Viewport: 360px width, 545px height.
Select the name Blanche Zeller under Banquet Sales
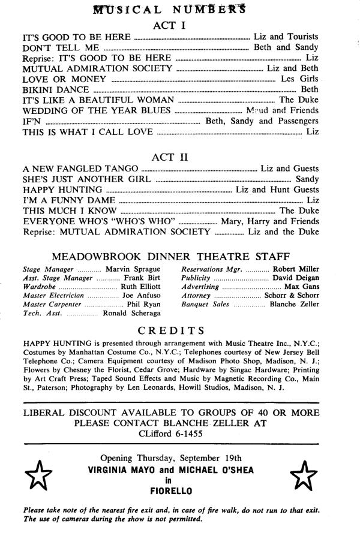pos(295,305)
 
